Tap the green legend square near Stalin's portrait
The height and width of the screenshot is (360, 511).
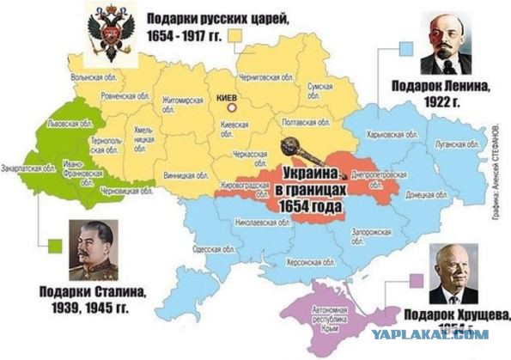coord(56,243)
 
